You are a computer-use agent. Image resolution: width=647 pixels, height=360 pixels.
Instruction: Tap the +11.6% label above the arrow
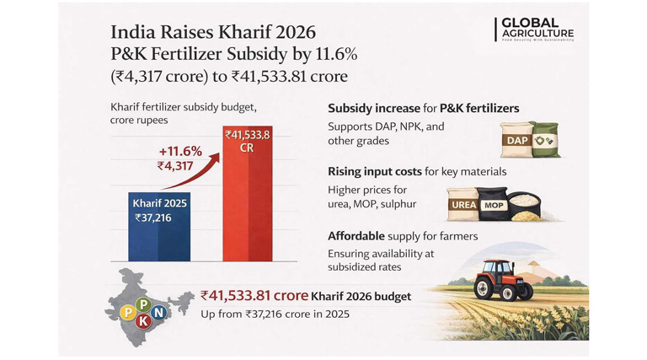180,151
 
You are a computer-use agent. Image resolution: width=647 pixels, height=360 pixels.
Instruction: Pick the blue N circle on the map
158,312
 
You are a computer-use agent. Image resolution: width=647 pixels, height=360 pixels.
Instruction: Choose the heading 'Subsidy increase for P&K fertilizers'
422,110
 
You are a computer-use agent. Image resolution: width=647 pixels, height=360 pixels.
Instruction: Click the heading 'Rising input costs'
374,172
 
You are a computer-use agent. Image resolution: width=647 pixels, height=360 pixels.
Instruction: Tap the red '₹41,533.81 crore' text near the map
254,296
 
